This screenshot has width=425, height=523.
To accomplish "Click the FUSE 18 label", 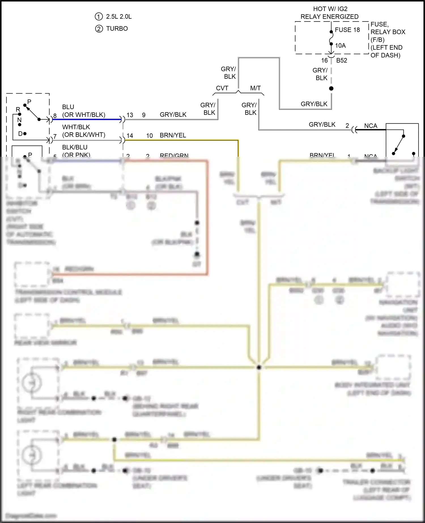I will [x=347, y=30].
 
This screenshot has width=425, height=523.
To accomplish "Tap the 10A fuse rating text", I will [x=340, y=46].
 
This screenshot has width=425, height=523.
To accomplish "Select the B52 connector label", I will [x=341, y=60].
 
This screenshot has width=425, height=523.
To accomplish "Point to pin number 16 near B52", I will [x=324, y=60].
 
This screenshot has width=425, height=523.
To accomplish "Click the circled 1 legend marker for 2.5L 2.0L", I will [x=99, y=17].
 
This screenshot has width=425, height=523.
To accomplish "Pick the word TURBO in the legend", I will [x=117, y=29].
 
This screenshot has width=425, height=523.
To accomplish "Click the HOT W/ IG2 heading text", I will [x=330, y=9].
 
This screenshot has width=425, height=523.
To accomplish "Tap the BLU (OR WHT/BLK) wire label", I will [x=84, y=111].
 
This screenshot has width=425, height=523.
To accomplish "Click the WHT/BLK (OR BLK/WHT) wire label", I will [x=84, y=131].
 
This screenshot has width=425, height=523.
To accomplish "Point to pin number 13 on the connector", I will [x=130, y=115].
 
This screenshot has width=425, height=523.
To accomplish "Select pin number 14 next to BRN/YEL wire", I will [x=130, y=136].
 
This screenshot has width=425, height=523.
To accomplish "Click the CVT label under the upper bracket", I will [x=222, y=88].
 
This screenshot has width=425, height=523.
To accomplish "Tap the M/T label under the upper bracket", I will [x=255, y=88].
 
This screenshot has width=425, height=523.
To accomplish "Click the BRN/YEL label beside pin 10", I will [x=173, y=135].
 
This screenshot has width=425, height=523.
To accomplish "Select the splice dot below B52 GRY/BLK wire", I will [x=331, y=89].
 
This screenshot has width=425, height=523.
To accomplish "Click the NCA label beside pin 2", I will [x=371, y=126].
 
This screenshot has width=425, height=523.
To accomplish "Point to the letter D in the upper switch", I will [x=20, y=133].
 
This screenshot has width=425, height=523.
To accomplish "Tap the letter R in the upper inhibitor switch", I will [x=18, y=109].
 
